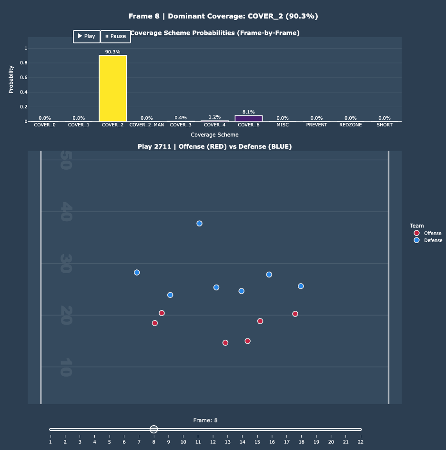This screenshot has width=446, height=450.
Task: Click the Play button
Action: point(86,36)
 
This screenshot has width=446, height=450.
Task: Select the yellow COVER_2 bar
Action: point(113,88)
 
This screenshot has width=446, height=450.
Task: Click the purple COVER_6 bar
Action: point(248,118)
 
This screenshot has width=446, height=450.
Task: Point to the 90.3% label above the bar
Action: point(113,51)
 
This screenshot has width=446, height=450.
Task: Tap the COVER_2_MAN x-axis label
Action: point(147,125)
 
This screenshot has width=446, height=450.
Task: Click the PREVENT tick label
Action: point(316,125)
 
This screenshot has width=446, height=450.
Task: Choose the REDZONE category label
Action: point(351,125)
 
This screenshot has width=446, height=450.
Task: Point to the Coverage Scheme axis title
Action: point(214,135)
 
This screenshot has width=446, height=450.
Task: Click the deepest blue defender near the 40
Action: point(199,224)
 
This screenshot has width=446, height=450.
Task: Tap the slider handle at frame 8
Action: point(153,430)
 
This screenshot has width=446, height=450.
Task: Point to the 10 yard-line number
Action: point(65,367)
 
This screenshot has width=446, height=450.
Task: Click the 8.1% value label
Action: point(248,112)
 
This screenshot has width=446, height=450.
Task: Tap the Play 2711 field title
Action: point(214,146)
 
